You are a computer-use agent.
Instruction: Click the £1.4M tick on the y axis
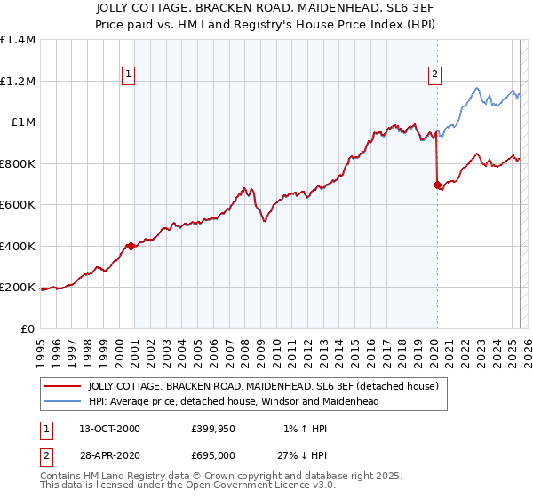click(18, 40)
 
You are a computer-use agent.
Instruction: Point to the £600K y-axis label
click(18, 205)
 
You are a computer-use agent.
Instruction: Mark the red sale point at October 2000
click(131, 246)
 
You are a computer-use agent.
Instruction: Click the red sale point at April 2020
click(437, 185)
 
